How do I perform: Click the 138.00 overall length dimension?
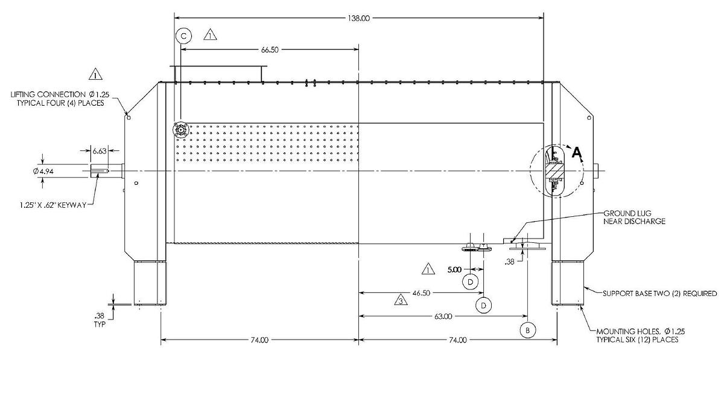[358, 18]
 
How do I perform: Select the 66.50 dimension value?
[270, 50]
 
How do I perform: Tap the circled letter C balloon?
[184, 36]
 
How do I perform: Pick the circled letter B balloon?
[527, 330]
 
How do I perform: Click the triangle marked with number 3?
[401, 300]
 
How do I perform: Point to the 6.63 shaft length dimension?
[99, 151]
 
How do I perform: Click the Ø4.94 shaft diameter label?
[43, 171]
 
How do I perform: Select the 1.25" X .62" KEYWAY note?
[53, 205]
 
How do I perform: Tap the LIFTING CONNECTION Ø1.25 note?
[60, 98]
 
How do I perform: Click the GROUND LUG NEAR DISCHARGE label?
[635, 217]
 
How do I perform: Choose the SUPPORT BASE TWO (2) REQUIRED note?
[659, 294]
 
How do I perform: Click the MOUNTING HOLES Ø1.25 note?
[641, 335]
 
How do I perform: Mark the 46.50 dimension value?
[421, 293]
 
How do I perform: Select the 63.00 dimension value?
[443, 317]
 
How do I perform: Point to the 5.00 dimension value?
[454, 269]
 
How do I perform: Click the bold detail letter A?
[577, 152]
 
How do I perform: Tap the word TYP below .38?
[100, 324]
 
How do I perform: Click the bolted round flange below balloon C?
[180, 130]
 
